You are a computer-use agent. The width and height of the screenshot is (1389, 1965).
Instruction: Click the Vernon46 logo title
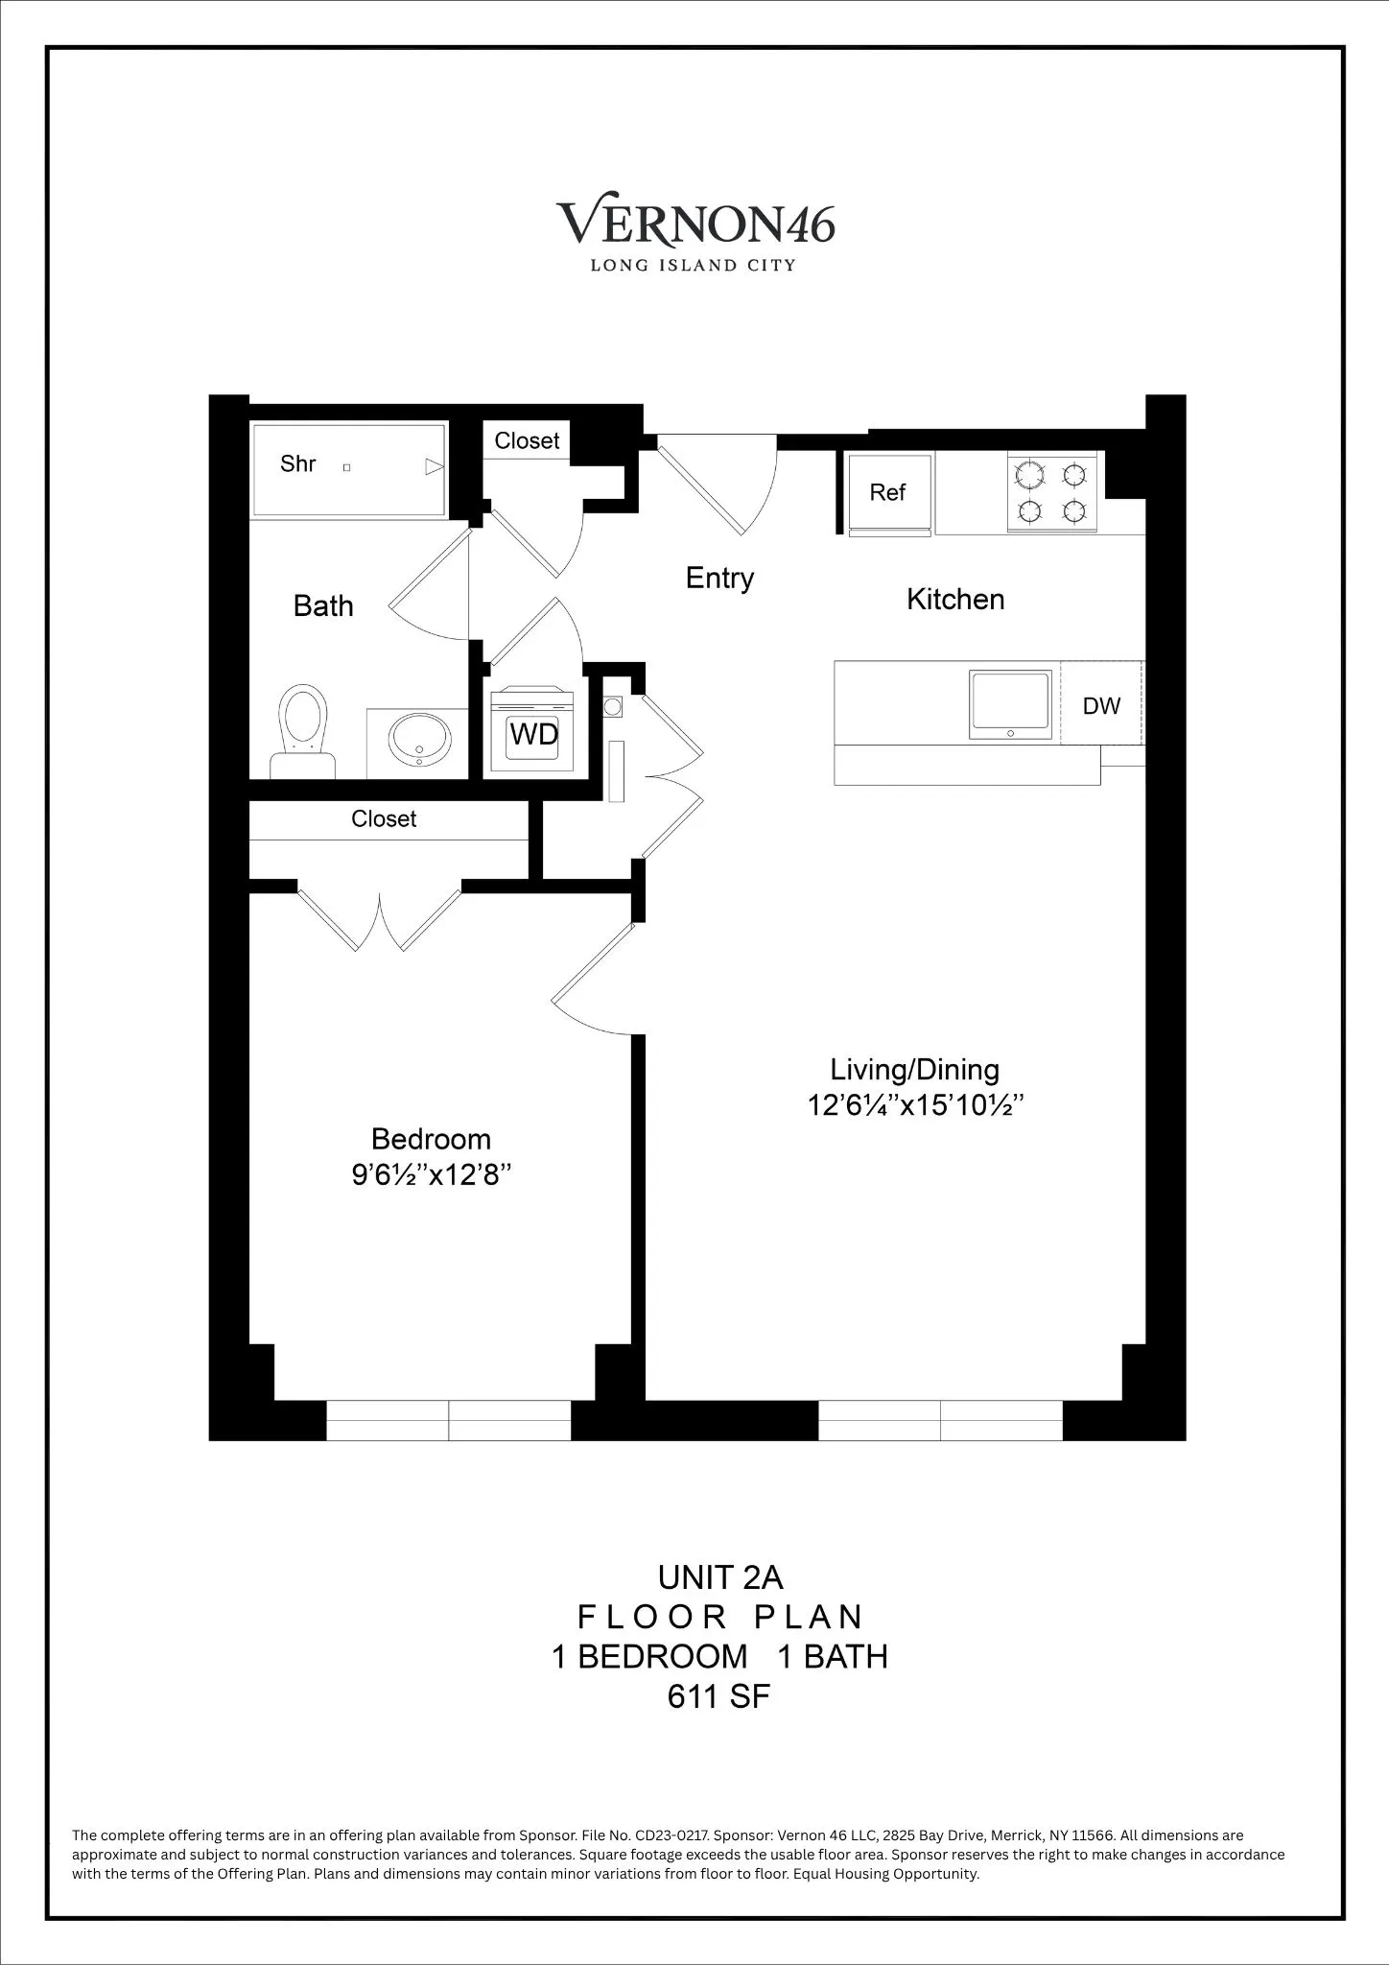[x=695, y=224]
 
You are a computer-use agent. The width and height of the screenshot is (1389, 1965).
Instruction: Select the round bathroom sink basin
[x=419, y=740]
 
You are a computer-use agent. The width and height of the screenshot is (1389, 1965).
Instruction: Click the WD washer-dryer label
[x=533, y=734]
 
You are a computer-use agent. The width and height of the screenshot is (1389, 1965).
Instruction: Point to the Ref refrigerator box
[x=887, y=492]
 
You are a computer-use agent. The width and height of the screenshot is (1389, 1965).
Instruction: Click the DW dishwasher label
[x=1101, y=706]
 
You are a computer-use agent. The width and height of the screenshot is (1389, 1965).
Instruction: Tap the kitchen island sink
[x=1010, y=704]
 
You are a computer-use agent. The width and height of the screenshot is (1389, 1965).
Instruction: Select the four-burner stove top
[x=1051, y=492]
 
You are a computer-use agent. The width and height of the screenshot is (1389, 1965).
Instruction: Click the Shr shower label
[x=298, y=464]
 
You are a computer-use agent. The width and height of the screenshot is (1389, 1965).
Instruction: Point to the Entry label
[x=719, y=578]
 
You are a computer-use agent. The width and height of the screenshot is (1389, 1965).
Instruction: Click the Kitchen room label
[x=955, y=600]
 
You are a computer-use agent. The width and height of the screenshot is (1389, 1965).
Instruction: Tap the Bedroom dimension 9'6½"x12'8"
[x=430, y=1175]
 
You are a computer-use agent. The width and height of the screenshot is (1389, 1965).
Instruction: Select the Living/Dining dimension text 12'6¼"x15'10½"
[x=915, y=1105]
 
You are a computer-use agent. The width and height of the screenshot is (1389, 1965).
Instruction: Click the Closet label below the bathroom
[x=384, y=818]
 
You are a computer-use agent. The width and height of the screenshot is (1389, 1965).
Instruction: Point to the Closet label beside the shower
[x=527, y=440]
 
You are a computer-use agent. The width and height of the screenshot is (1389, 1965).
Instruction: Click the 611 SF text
[x=718, y=1697]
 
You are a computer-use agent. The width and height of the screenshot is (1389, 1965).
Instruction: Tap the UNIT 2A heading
[x=720, y=1577]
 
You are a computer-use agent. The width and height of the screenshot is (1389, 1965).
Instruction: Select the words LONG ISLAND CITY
[x=693, y=266]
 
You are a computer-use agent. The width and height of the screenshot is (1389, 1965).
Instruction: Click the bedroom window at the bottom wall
[x=449, y=1420]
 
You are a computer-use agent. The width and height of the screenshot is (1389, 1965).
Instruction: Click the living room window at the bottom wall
[x=940, y=1420]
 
